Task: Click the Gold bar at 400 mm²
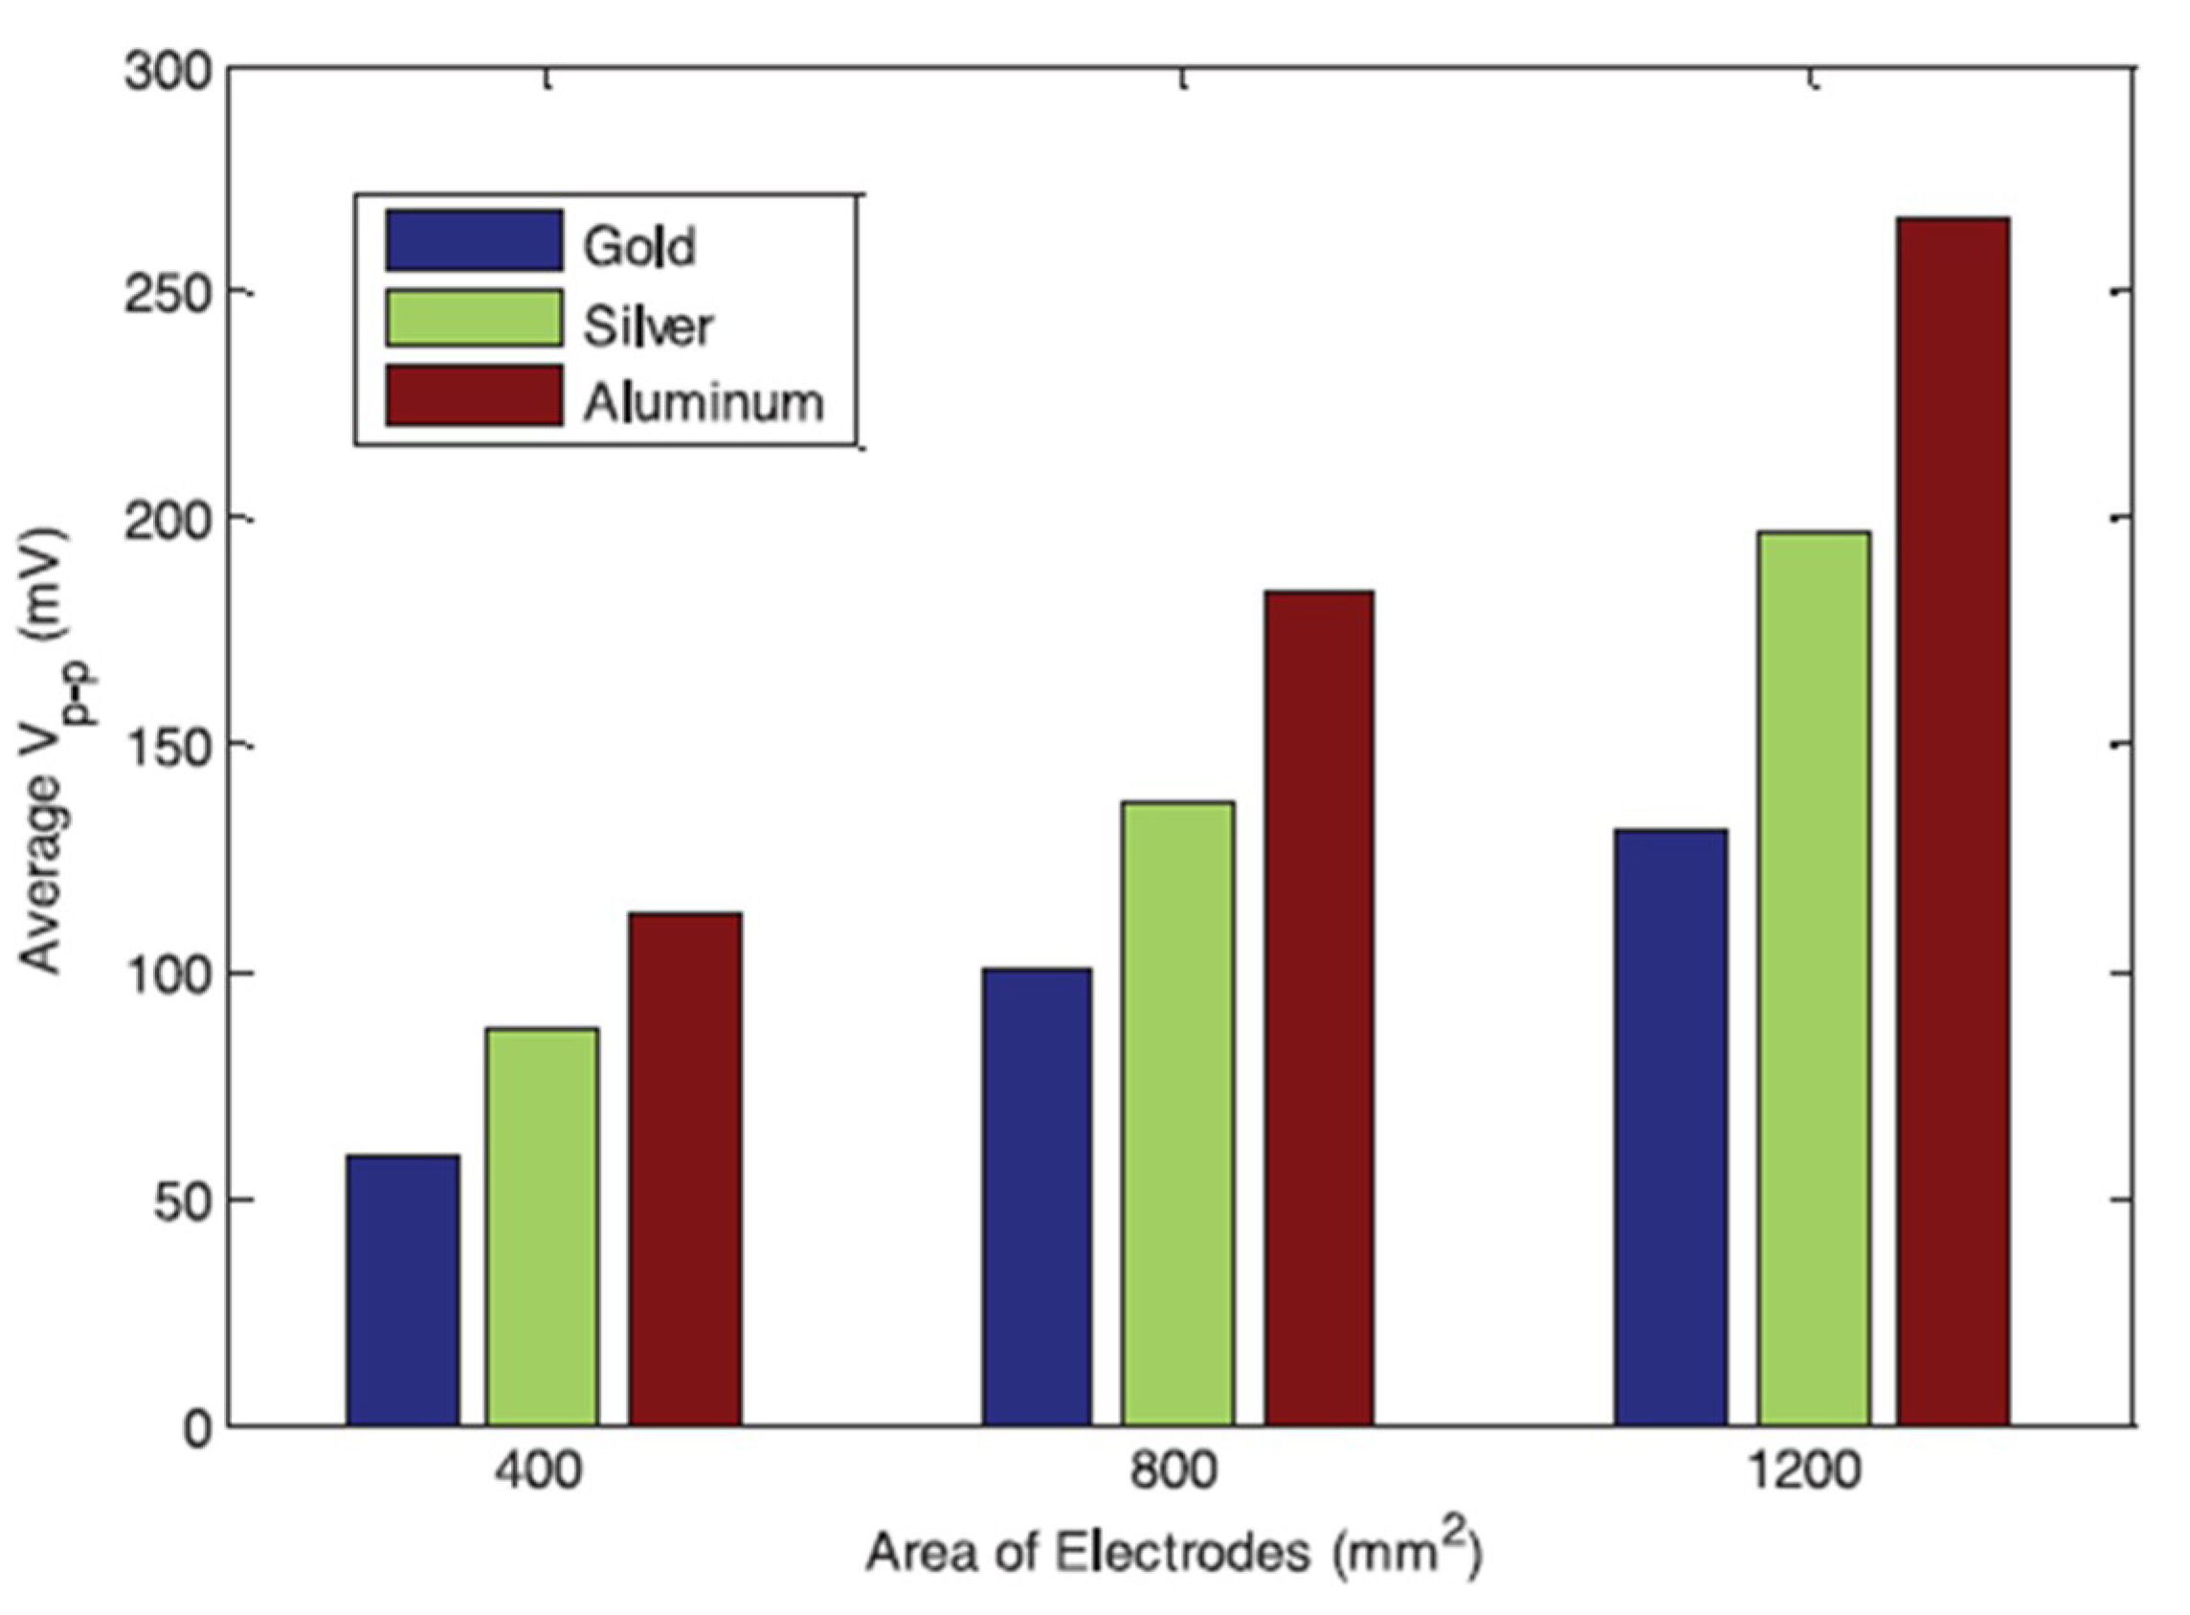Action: coord(403,1290)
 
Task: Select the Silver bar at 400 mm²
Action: coord(543,1226)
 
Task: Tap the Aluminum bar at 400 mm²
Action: coord(684,1168)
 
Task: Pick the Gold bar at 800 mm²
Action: coord(1037,1197)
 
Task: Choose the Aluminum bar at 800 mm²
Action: coord(1319,1008)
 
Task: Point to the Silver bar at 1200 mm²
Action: coord(1814,977)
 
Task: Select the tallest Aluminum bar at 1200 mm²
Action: coord(1954,821)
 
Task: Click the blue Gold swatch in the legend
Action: coord(474,240)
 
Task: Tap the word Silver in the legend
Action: coord(649,325)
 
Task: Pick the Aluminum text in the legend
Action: coord(704,402)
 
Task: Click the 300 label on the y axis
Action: coord(168,74)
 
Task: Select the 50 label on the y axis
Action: coord(182,1200)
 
